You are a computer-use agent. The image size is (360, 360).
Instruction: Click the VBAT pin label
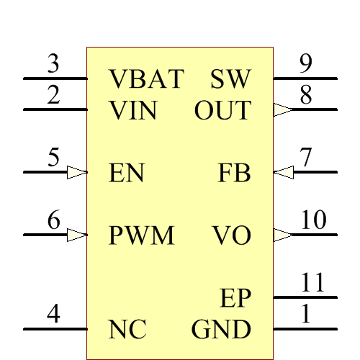click(x=147, y=78)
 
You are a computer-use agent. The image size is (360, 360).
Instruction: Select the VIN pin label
click(x=133, y=111)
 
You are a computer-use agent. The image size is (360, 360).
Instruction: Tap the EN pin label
click(x=127, y=174)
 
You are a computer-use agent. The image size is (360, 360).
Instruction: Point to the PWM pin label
click(x=142, y=235)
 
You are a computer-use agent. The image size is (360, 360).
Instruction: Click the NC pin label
click(x=127, y=330)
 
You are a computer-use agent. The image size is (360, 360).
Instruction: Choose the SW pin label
click(x=230, y=78)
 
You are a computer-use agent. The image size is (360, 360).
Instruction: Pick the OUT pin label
click(x=222, y=111)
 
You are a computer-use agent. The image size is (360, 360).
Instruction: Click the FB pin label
click(x=234, y=174)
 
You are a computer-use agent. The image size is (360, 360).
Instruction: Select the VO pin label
click(x=232, y=235)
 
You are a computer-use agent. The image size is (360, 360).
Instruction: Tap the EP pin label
click(x=235, y=297)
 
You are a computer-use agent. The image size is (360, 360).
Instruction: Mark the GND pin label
click(x=221, y=330)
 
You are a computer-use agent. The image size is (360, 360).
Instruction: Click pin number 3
click(x=53, y=64)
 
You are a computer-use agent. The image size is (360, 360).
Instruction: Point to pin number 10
click(x=314, y=220)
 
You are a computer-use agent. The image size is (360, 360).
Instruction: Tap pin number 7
click(x=306, y=158)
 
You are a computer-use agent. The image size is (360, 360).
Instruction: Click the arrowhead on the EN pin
click(x=77, y=172)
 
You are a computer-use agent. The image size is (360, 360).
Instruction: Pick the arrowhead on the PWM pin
click(x=77, y=235)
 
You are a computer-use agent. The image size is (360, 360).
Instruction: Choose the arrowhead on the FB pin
click(x=283, y=172)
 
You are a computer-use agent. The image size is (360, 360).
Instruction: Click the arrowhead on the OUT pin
click(x=283, y=109)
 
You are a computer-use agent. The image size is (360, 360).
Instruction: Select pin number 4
click(x=53, y=315)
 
